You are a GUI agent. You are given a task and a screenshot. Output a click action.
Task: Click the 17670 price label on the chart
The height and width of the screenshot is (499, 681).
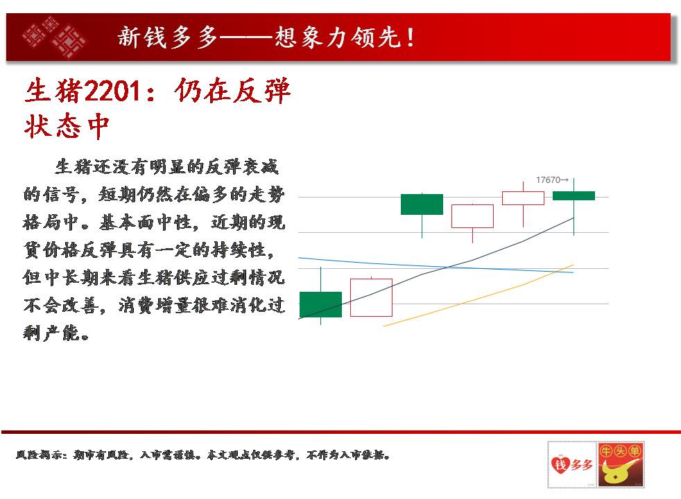pos(548,180)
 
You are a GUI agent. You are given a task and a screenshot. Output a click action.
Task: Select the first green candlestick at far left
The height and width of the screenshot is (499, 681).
pos(321,304)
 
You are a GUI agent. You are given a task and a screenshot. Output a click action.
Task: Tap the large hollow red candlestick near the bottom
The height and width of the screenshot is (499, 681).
pos(371,297)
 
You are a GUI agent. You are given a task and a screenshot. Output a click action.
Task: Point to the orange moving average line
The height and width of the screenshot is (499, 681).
pos(479,295)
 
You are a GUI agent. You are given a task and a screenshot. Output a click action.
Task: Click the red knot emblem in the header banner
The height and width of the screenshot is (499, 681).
pos(54,37)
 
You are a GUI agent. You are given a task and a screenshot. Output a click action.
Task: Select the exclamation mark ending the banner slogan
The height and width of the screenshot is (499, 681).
pos(410,37)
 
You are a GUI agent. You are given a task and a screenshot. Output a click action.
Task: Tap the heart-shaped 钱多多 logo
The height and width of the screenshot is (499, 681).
pos(571,465)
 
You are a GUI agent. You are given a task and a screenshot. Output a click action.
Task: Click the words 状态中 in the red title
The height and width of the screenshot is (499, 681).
pos(67,126)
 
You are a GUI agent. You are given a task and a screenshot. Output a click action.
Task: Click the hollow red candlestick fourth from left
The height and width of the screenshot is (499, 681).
pos(472,216)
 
